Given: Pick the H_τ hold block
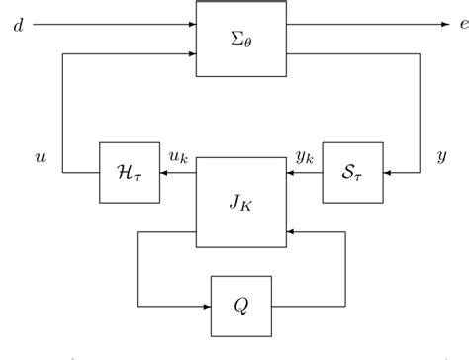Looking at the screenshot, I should click(x=130, y=173).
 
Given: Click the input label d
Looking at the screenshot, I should click(x=19, y=24).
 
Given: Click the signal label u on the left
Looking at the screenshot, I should click(x=40, y=156).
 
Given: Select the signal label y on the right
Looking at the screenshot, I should click(x=441, y=156).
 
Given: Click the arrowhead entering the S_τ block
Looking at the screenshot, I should click(x=387, y=173).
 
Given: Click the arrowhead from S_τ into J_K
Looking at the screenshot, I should click(x=291, y=173).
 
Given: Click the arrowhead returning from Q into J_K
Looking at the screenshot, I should click(x=291, y=232).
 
